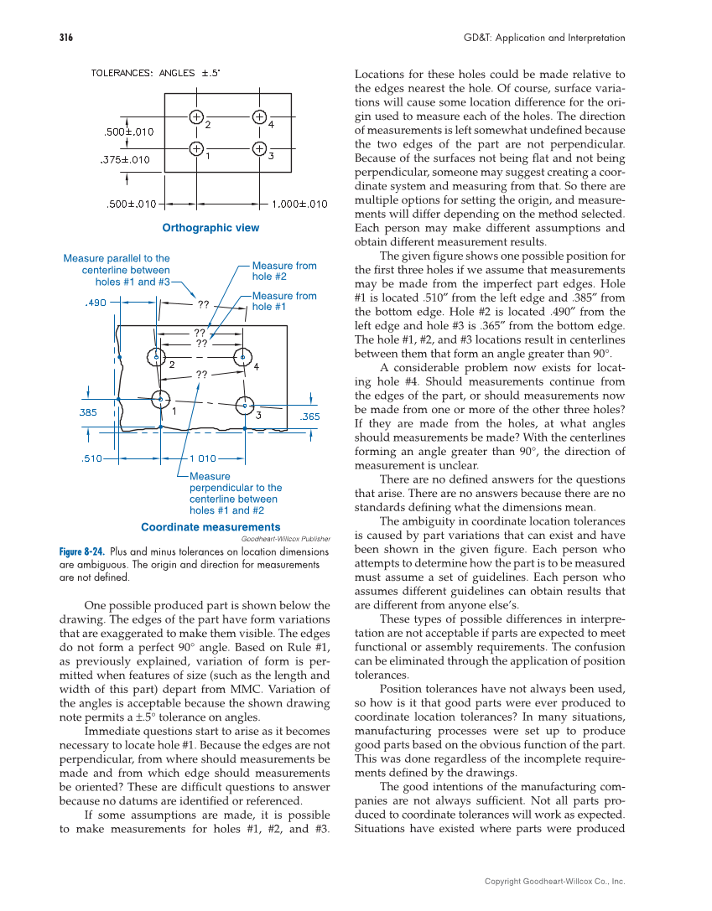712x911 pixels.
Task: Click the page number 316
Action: [66, 38]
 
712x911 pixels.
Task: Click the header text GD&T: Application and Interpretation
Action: [544, 38]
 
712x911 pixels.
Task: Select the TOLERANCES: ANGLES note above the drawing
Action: [156, 73]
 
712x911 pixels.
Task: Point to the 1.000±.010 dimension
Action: [299, 203]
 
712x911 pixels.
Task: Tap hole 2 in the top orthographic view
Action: [195, 116]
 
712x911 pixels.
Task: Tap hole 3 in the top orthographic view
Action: [260, 149]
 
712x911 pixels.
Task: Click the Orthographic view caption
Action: [210, 228]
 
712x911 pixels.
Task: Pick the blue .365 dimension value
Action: [311, 417]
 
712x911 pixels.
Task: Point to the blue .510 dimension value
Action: [91, 458]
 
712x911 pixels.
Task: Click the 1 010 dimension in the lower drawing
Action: [203, 458]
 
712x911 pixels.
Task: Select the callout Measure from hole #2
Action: [284, 271]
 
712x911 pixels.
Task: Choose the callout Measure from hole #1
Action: [284, 301]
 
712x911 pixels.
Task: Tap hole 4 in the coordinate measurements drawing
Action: [242, 356]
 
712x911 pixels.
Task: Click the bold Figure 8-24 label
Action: [82, 552]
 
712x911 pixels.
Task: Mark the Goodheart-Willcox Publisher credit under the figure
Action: [285, 539]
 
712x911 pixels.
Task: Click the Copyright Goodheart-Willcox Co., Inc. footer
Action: [555, 881]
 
